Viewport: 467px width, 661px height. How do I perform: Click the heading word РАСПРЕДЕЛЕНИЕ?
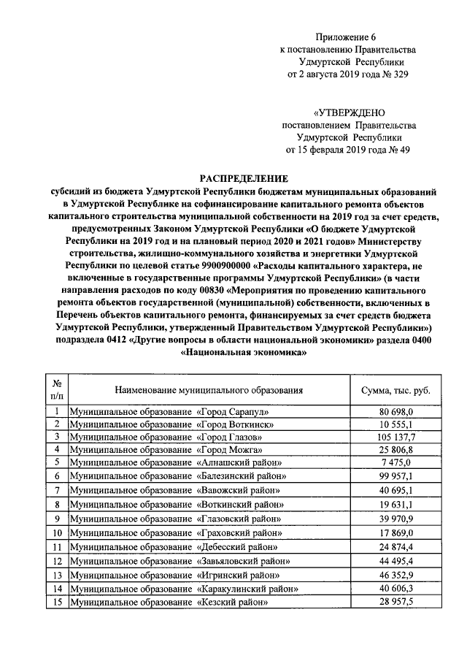pos(245,177)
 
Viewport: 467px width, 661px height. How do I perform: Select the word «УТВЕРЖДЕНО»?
pos(350,112)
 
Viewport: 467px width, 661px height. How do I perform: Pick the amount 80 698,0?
pos(396,410)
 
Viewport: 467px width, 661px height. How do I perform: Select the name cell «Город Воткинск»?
pos(171,424)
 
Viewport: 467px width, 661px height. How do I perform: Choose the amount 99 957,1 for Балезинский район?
pos(396,475)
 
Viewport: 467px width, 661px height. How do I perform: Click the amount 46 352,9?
pos(396,575)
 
